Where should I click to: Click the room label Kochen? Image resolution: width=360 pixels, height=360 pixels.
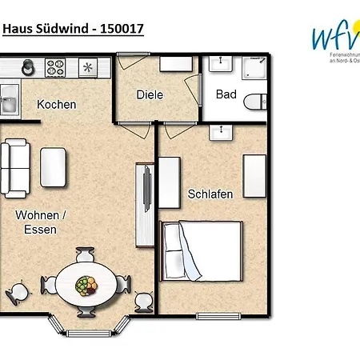coord(57,104)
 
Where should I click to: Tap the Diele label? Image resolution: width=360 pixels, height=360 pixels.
coord(150,94)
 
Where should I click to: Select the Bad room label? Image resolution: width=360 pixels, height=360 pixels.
coord(226,94)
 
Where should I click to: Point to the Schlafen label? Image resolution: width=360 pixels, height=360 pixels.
coord(210,194)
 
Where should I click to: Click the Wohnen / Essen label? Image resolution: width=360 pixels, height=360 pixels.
coord(40,221)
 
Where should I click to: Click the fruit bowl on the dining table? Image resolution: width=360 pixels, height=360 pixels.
coord(86,284)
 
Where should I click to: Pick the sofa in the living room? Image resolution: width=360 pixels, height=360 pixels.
coord(15,166)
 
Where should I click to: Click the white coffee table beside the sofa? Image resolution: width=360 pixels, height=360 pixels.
coord(54,166)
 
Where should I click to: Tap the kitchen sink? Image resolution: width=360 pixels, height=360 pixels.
coord(10,102)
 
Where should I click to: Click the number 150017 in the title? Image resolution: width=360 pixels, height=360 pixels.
coord(116,29)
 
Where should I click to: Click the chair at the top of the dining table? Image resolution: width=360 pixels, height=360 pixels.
coord(86,255)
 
